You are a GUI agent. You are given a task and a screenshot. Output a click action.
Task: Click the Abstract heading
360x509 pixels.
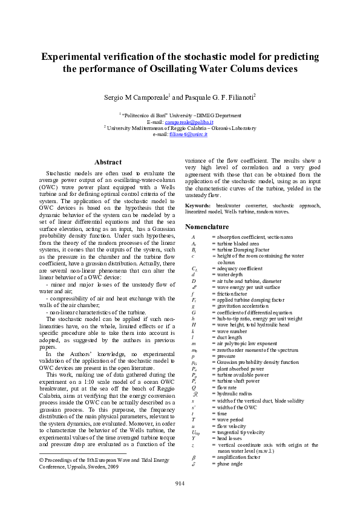[x=108, y=162]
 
